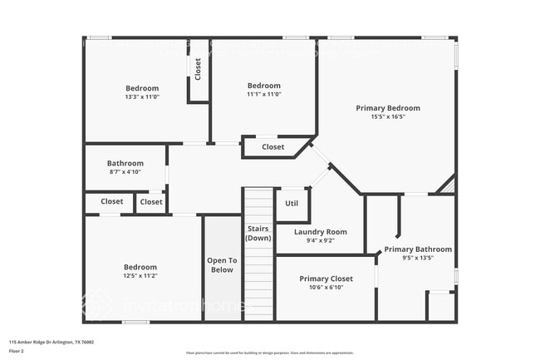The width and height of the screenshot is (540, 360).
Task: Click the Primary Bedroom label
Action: pos(388,108)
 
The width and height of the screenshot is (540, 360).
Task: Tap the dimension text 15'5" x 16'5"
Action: pos(388,117)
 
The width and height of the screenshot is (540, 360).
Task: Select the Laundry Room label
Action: pos(320,232)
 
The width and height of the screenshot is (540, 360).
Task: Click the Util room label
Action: pos(292,203)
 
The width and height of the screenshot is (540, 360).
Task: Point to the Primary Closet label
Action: pos(326,279)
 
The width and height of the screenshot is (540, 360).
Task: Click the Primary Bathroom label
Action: pos(418,249)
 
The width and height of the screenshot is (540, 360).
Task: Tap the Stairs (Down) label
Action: pos(258,232)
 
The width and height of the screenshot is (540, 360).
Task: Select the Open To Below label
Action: pos(221,264)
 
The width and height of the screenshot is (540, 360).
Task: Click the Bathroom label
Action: pos(125,163)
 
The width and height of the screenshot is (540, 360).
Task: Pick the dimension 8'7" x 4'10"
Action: pos(125,172)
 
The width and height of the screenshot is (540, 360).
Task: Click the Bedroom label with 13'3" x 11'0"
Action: pos(142,88)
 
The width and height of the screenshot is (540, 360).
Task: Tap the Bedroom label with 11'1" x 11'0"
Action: pos(264,86)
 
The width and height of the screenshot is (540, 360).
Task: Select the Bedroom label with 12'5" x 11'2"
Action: pos(140,267)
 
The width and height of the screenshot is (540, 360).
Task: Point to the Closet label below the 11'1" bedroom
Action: pos(272,147)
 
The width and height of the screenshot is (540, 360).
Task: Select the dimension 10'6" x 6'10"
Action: pos(326,288)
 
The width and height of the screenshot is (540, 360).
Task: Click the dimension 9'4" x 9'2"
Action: pos(320,241)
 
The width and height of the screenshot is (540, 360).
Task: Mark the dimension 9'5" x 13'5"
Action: pos(418,258)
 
